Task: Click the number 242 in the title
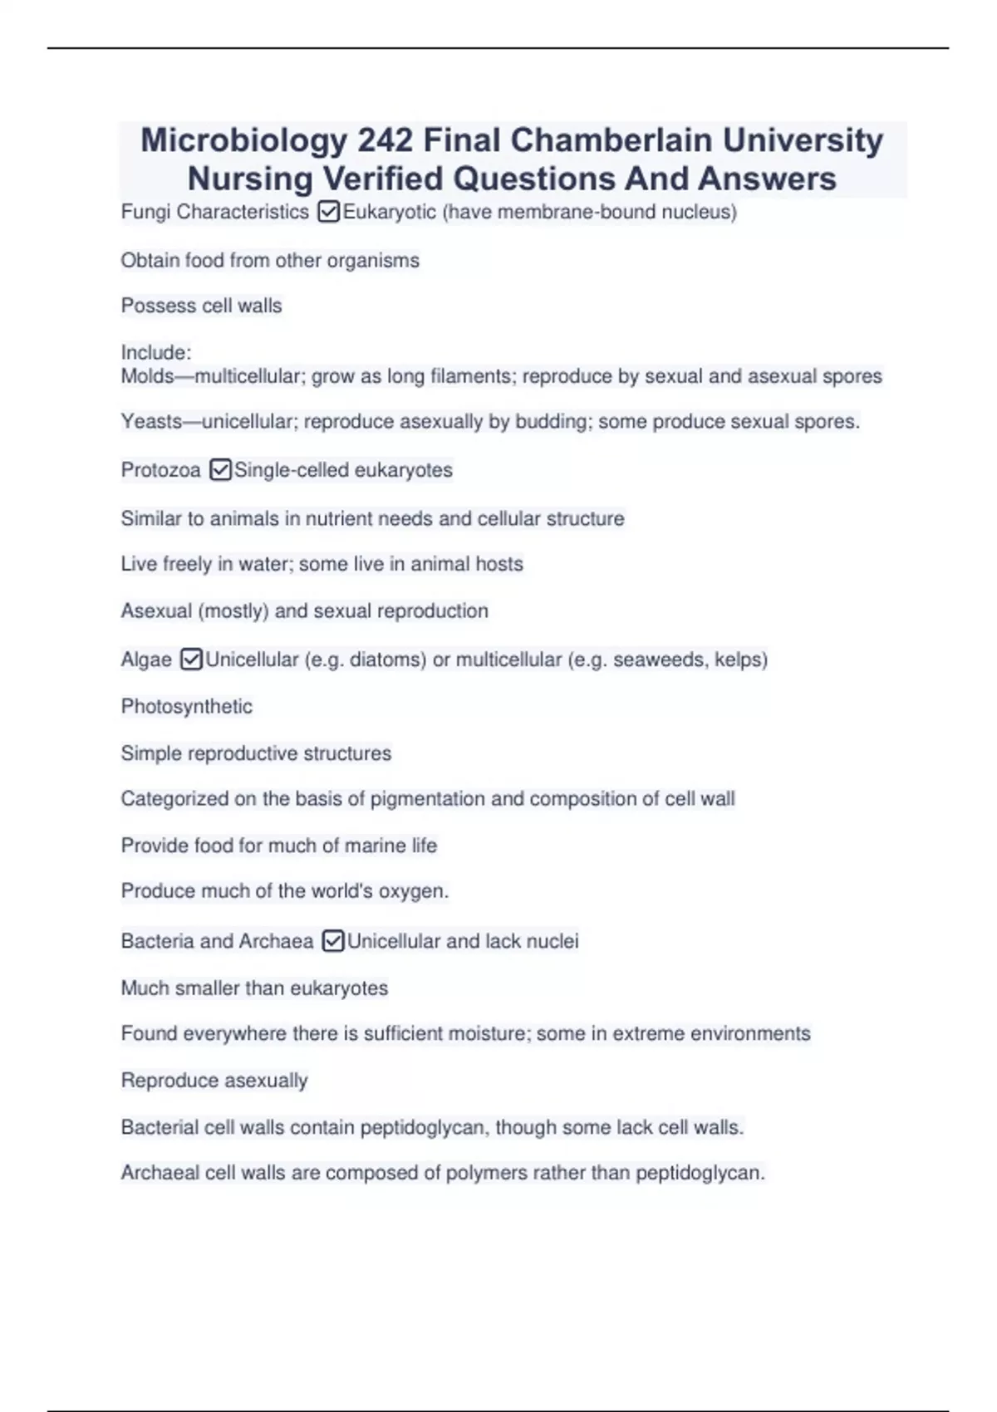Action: (x=385, y=140)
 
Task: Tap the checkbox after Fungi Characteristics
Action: (x=328, y=213)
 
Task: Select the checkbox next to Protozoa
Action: (x=220, y=470)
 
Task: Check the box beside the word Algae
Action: (x=191, y=659)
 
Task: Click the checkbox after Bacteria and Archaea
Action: (x=332, y=941)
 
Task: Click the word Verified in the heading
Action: (x=383, y=179)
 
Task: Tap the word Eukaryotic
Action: (x=389, y=213)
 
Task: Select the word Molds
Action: (x=147, y=376)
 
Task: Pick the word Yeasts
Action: (x=150, y=422)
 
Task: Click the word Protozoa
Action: (x=160, y=470)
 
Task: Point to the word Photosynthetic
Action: (x=186, y=707)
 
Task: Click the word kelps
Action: (x=739, y=659)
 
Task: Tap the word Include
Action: (x=155, y=352)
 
